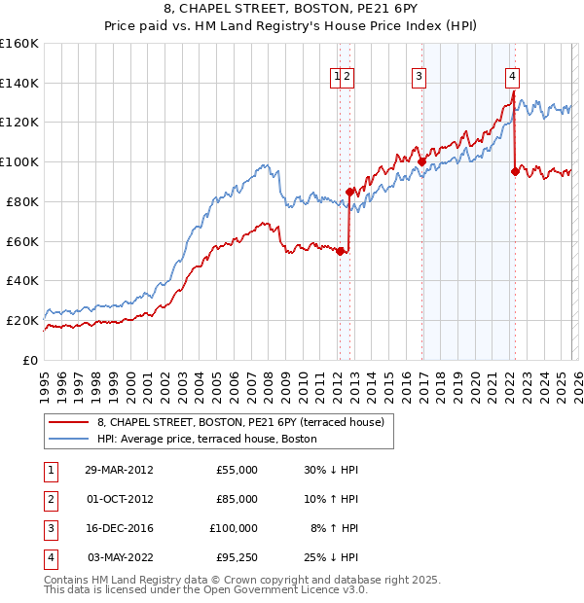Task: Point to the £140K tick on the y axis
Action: click(19, 83)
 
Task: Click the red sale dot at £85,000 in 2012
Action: click(349, 192)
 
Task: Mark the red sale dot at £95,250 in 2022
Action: click(514, 171)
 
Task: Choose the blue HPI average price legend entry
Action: click(206, 439)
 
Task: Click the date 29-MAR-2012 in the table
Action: click(119, 470)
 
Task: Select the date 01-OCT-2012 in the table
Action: click(119, 499)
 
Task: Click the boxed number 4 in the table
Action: click(50, 557)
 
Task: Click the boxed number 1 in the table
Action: click(50, 470)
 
